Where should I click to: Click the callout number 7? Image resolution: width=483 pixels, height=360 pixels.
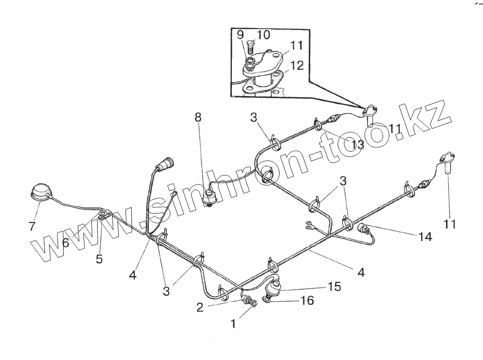[x=32, y=226]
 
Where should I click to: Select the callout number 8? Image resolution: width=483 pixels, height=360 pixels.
[x=198, y=117]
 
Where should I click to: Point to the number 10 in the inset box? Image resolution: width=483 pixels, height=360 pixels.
[x=264, y=35]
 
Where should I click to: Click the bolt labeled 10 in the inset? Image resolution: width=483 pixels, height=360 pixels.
[x=250, y=47]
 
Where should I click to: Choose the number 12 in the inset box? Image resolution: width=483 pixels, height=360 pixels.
[x=297, y=65]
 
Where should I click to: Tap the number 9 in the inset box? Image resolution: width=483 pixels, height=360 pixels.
[x=240, y=35]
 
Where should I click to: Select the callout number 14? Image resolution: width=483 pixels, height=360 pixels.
[x=426, y=237]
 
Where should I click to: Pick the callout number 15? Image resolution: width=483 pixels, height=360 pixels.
[x=334, y=287]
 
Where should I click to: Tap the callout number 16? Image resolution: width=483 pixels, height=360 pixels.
[x=307, y=301]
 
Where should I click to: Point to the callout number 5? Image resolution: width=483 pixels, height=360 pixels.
[x=99, y=259]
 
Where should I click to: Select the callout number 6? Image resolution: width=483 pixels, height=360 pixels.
[x=65, y=243]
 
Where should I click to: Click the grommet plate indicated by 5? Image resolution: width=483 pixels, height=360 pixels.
[x=103, y=215]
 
